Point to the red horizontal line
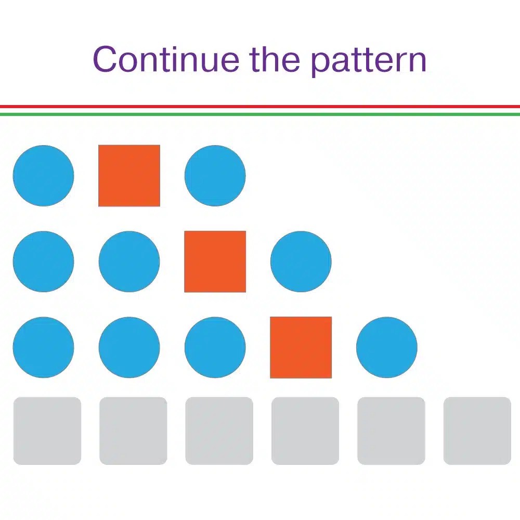point(260,107)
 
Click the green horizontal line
point(260,114)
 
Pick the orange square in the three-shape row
point(129,176)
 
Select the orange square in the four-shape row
point(215,262)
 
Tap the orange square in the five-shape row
point(301,347)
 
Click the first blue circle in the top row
point(43,176)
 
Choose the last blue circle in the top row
point(215,176)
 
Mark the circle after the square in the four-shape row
point(301,262)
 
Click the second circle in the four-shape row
point(129,262)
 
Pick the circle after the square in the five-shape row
point(386,347)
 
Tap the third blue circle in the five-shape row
point(215,347)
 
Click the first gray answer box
point(47,431)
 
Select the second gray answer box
point(133,431)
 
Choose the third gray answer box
point(219,431)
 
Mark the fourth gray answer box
point(305,431)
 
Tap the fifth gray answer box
point(391,431)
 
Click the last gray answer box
point(477,431)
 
